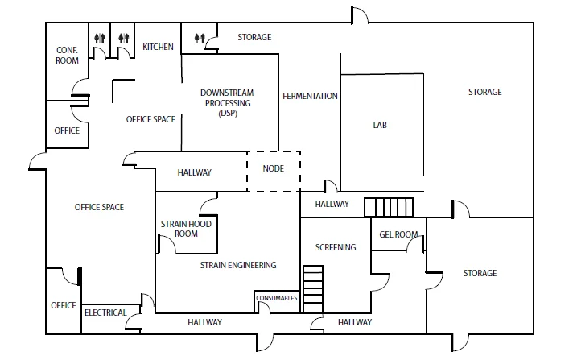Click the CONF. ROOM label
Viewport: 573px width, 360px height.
(x=67, y=56)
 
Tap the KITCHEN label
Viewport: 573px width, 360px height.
(x=158, y=47)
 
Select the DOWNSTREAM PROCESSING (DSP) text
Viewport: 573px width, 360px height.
(x=227, y=103)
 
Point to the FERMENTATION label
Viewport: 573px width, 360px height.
(x=310, y=96)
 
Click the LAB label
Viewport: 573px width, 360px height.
(x=380, y=125)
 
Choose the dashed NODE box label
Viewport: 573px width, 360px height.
(x=274, y=168)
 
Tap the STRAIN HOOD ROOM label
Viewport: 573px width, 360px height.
(x=186, y=229)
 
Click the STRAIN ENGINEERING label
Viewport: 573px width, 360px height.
(x=238, y=265)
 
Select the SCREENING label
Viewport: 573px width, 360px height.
(x=336, y=247)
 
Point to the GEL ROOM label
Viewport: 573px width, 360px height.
(x=398, y=234)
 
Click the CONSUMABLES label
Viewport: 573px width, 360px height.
(x=277, y=298)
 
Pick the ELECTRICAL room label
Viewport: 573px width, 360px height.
(x=105, y=312)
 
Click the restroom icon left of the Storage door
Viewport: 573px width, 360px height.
(x=200, y=38)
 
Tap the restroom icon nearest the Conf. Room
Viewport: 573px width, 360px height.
(x=100, y=38)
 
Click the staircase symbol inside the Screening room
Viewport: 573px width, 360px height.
(x=313, y=289)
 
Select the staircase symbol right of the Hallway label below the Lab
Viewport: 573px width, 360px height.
(x=389, y=208)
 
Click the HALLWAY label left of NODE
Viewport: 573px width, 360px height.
(x=195, y=172)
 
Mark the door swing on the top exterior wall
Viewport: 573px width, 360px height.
(x=360, y=15)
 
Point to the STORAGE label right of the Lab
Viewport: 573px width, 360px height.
(x=485, y=92)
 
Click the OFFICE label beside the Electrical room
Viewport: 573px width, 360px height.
(x=64, y=305)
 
